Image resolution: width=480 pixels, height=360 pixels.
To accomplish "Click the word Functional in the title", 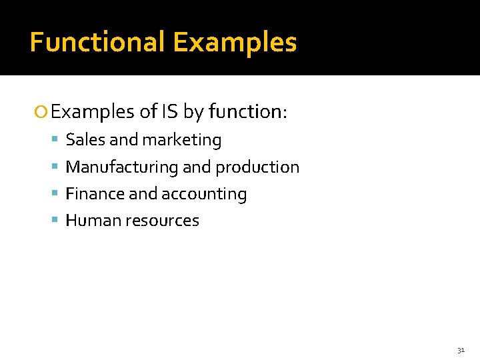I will (x=97, y=42).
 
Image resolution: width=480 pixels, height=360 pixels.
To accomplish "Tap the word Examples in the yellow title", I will (x=235, y=42).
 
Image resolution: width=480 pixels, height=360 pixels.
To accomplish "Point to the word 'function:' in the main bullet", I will (x=247, y=111).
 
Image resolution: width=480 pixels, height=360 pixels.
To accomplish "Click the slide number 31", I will (x=461, y=350).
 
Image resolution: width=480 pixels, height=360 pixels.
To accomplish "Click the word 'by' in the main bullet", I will (x=193, y=112).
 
